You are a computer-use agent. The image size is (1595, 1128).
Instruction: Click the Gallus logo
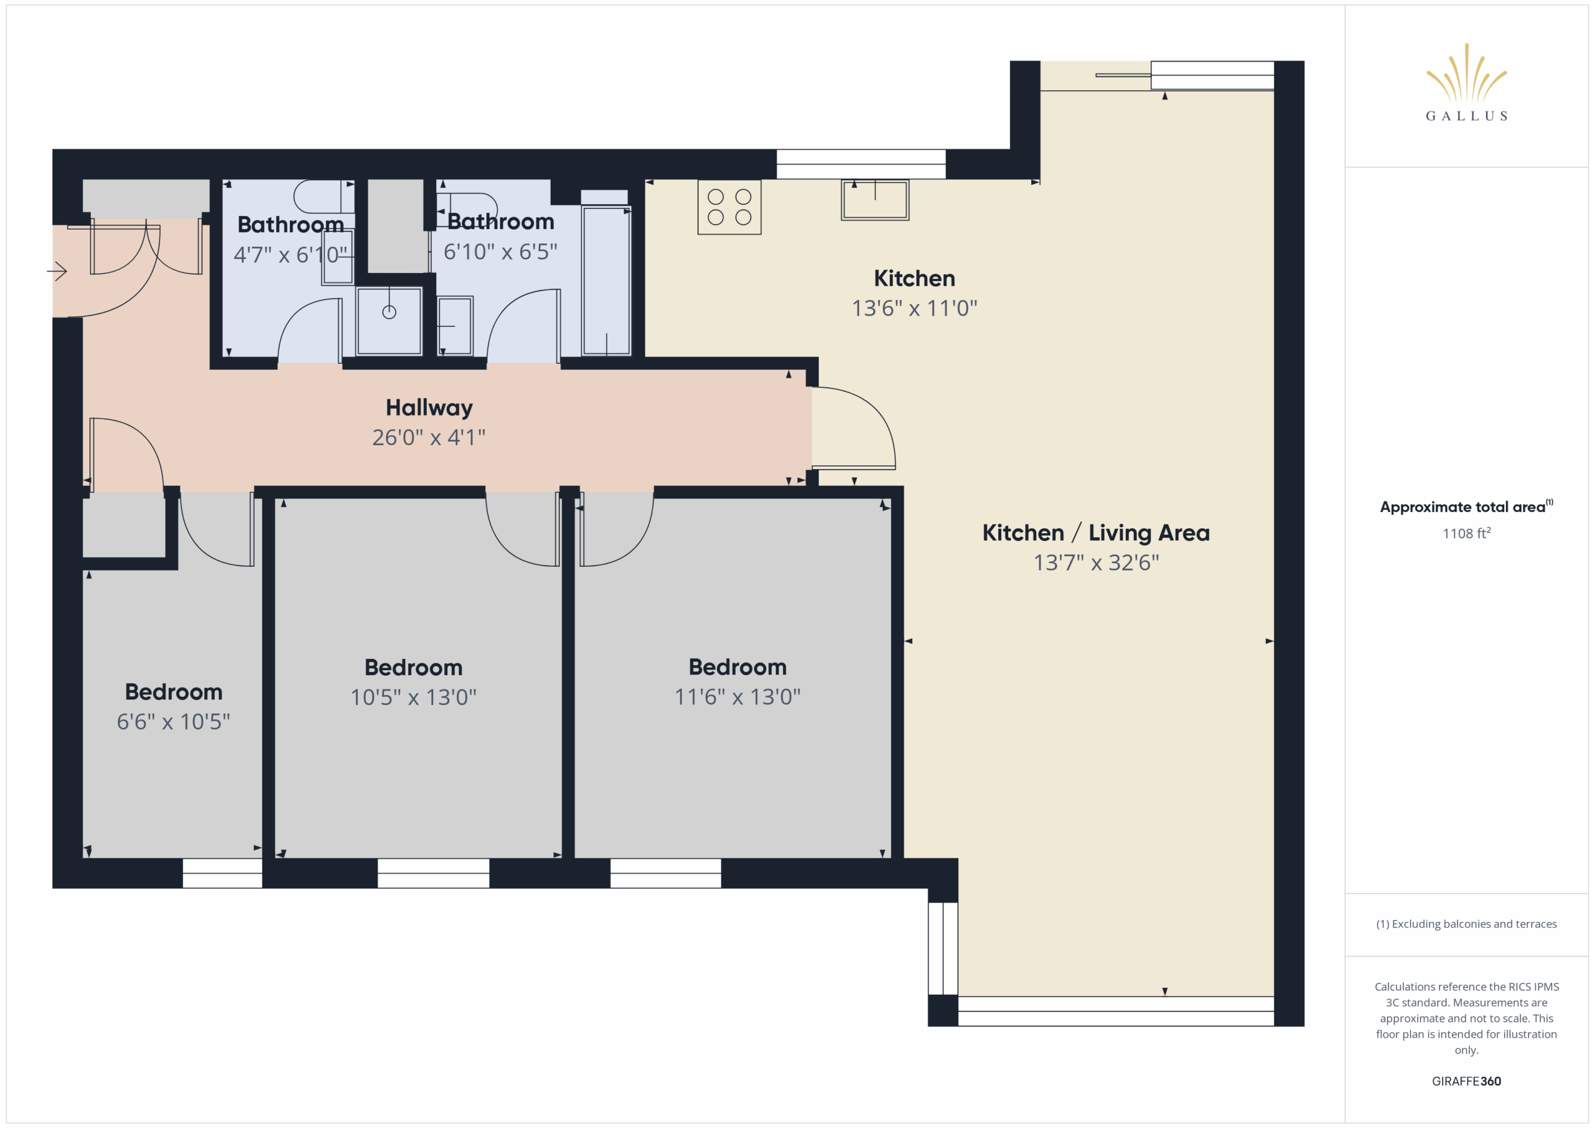(x=1466, y=82)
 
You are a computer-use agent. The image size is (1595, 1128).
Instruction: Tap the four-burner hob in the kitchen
(x=730, y=207)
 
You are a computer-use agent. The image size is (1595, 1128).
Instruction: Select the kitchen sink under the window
(x=875, y=200)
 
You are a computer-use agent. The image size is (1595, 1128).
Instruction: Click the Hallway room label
(x=429, y=408)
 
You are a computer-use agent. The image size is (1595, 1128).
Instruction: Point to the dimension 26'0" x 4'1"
(x=429, y=438)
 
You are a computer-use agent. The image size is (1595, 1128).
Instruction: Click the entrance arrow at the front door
(x=57, y=271)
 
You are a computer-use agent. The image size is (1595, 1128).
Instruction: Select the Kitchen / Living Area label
(x=1095, y=533)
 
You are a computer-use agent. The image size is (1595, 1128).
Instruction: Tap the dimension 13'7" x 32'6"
(x=1095, y=562)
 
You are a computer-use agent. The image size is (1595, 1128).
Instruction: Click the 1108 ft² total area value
(x=1467, y=533)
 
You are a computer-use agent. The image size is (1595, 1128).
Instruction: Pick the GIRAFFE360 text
(x=1466, y=1081)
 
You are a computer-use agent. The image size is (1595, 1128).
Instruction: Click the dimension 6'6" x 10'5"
(x=173, y=722)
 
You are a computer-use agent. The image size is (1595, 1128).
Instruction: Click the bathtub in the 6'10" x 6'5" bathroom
(x=606, y=280)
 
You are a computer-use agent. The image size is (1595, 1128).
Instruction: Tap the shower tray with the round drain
(x=389, y=321)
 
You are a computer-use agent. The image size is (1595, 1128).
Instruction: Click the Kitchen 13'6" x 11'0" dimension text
(x=914, y=308)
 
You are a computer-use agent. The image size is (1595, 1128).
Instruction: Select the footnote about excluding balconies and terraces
(x=1466, y=924)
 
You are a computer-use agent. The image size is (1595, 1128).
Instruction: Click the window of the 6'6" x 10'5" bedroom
(x=222, y=873)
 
